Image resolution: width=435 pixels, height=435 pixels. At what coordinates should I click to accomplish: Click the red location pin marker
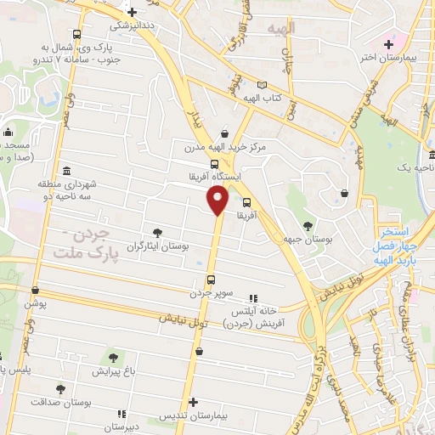tap(218, 201)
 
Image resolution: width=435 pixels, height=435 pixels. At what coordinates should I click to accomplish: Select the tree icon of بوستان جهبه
tap(307, 225)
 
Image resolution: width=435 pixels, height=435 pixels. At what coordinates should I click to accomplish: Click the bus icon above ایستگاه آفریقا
tap(213, 164)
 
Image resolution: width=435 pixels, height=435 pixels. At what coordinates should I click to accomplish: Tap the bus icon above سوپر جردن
tap(210, 280)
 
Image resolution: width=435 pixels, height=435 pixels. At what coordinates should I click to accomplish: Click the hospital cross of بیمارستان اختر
tap(389, 43)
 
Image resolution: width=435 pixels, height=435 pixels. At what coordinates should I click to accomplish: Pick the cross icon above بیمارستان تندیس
tap(194, 402)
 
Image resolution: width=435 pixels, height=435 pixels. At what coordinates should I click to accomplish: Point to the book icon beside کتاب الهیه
tap(262, 85)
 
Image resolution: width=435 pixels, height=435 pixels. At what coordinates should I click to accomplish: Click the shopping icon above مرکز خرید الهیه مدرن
tap(224, 133)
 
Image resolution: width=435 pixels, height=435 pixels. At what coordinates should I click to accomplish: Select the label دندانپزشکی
tap(133, 25)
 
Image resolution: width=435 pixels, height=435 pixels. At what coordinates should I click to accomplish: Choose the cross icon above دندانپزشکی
tap(132, 13)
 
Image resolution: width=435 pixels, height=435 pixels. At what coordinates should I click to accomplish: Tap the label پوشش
tap(35, 303)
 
